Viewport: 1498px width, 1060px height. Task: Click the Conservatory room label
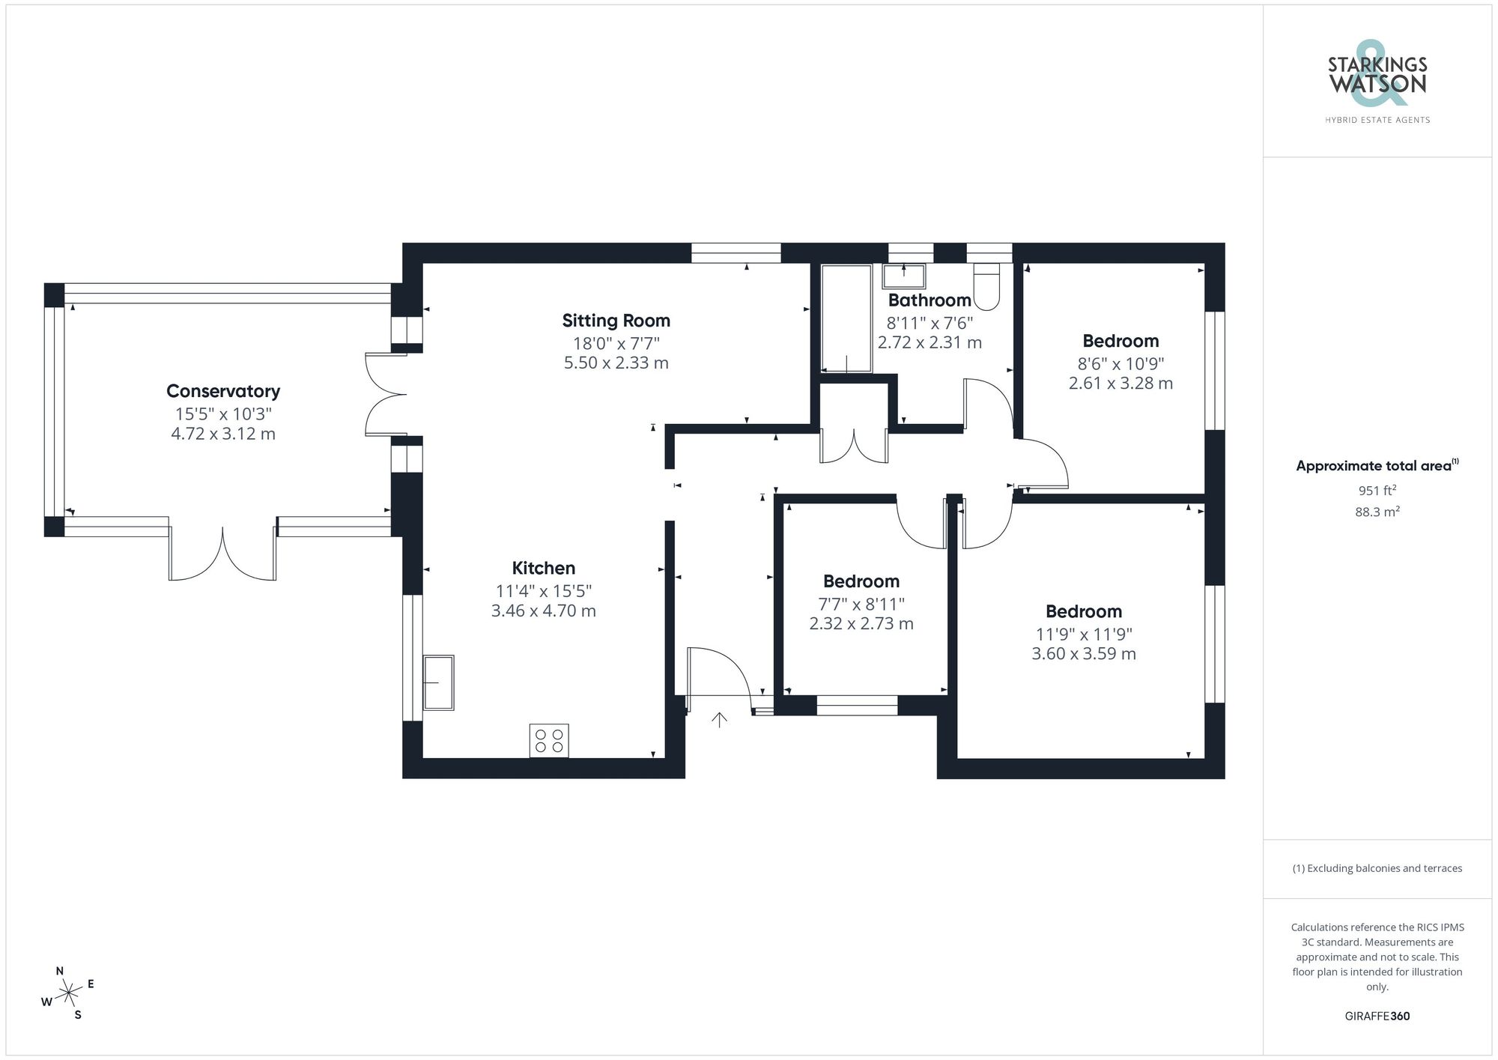(x=222, y=391)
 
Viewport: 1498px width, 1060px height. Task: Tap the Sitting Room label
(x=616, y=321)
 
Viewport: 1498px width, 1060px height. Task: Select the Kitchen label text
(x=543, y=568)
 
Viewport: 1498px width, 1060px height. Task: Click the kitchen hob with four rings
(x=549, y=740)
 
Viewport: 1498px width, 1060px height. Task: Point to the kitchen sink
(x=438, y=682)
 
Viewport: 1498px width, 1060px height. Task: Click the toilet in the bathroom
(x=987, y=287)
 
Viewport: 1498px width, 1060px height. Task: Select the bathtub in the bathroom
(x=846, y=318)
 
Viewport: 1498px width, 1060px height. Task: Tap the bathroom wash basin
(x=904, y=276)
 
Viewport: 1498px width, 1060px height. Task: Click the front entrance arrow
(x=719, y=720)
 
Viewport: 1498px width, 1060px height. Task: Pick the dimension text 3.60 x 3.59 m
(x=1083, y=654)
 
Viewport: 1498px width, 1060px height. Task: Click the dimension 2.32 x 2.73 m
(x=861, y=624)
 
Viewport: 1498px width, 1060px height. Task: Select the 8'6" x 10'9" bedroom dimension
(x=1121, y=364)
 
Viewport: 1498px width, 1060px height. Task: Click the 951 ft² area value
(x=1377, y=491)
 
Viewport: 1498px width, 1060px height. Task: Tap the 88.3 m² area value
(x=1377, y=512)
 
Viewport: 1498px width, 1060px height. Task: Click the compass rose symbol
(x=69, y=993)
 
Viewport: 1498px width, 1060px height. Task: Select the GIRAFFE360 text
(x=1377, y=1017)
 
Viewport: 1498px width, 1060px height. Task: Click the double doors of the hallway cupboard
(x=854, y=446)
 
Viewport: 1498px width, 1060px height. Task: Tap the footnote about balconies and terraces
(x=1377, y=869)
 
